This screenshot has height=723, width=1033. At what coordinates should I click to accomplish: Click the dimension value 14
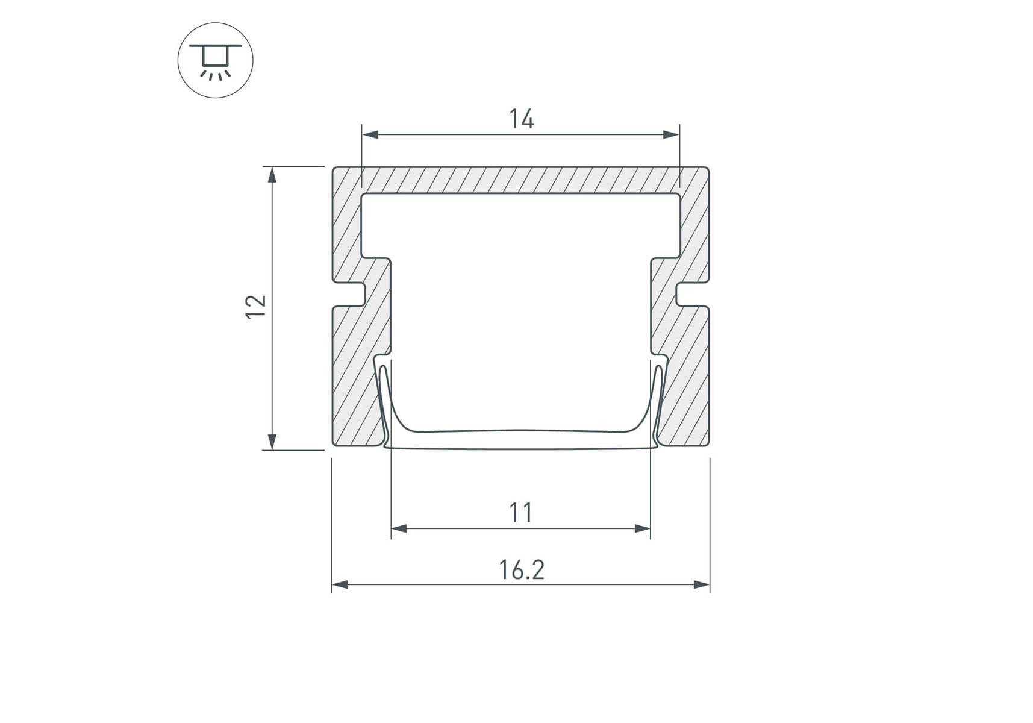522,119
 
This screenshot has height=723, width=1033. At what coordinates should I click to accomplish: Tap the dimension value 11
521,513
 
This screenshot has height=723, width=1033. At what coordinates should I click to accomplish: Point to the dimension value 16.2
522,570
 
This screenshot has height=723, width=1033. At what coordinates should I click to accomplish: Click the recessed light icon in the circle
215,60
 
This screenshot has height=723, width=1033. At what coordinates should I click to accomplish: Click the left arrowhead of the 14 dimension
370,134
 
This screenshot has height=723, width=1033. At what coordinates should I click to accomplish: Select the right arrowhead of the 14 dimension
671,134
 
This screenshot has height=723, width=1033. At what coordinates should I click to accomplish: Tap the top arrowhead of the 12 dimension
272,175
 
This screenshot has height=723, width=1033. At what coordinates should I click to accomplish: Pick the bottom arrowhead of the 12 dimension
272,441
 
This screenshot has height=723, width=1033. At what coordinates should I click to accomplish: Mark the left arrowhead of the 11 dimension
399,529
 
